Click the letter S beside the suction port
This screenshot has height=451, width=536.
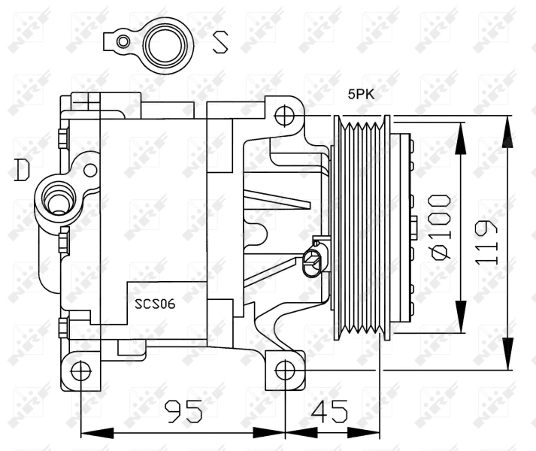click(x=220, y=42)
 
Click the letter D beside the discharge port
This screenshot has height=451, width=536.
click(x=22, y=170)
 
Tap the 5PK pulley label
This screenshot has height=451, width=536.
click(x=361, y=94)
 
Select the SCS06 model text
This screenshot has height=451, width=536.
click(x=155, y=304)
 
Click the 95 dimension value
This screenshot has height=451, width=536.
click(x=183, y=411)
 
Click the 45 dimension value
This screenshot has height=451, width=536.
click(x=329, y=410)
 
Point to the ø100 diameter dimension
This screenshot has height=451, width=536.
click(x=441, y=227)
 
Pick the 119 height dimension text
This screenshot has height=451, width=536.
click(x=486, y=242)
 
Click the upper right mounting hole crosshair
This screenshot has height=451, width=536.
click(x=284, y=116)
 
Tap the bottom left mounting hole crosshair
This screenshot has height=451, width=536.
click(x=81, y=371)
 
